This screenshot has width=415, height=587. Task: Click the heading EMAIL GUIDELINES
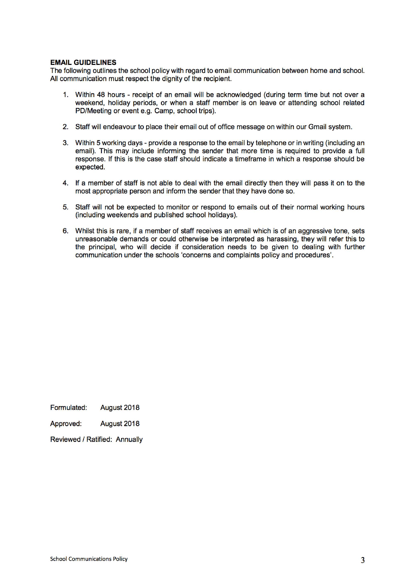83,62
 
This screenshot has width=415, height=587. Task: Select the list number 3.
66,143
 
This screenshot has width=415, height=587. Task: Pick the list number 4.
66,183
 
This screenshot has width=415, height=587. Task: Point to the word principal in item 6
101,247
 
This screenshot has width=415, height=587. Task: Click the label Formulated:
68,407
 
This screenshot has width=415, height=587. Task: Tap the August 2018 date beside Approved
120,424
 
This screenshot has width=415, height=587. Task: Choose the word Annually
129,440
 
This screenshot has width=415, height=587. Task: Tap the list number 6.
66,231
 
